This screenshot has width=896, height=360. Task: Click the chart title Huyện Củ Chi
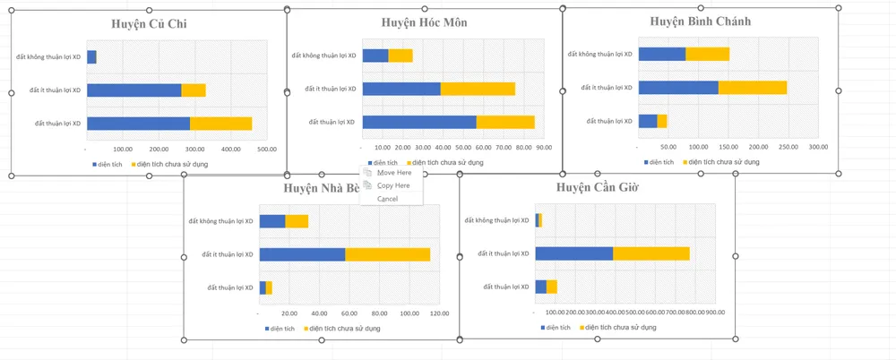(x=148, y=25)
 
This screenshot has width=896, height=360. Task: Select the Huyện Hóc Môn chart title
(x=424, y=21)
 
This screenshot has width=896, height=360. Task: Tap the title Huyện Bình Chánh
(x=701, y=21)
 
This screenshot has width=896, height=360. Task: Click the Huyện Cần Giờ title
(x=596, y=187)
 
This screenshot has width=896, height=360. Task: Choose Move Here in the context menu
(x=394, y=172)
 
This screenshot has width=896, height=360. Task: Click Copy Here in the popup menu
(x=393, y=185)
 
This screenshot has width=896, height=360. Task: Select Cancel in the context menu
(x=387, y=199)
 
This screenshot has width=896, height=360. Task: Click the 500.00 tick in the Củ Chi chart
(x=267, y=150)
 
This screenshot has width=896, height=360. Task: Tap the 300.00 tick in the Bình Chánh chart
(x=818, y=147)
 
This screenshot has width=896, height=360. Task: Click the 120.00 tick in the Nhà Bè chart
(x=440, y=313)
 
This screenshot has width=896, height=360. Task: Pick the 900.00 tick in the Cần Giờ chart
(x=715, y=313)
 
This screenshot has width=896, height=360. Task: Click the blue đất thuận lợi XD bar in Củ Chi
(x=138, y=124)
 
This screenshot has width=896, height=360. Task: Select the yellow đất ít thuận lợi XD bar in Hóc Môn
(x=478, y=89)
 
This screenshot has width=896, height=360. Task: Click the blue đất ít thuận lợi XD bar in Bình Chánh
(x=678, y=88)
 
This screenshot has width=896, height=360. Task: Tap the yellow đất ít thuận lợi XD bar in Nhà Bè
(x=387, y=254)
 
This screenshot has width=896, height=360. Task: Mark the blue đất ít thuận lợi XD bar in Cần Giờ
(x=573, y=253)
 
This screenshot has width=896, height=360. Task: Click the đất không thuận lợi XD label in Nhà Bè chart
(x=221, y=221)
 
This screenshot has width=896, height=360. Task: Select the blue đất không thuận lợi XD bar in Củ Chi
(x=91, y=57)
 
